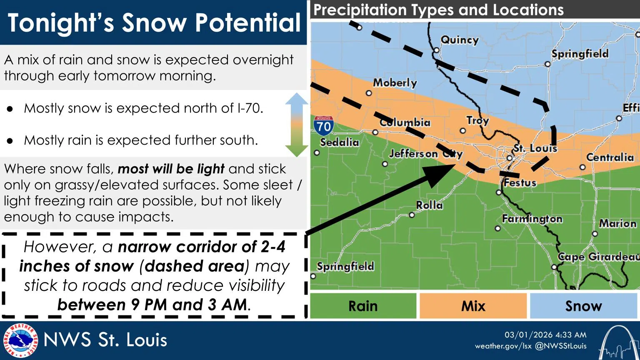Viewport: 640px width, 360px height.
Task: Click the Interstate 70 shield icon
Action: point(323,125)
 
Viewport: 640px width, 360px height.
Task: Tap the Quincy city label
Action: point(459,40)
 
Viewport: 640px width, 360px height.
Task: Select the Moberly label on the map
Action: point(395,82)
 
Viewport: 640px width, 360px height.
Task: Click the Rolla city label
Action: point(429,205)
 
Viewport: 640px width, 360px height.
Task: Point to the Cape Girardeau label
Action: point(598,257)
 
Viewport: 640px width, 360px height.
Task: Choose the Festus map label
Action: point(520,182)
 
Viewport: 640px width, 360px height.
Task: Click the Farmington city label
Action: point(532,219)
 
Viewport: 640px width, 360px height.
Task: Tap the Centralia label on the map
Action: point(610,157)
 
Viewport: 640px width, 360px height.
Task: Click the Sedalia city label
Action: point(339,142)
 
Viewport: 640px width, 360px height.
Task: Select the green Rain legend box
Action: point(363,306)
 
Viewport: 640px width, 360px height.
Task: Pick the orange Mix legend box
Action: point(473,306)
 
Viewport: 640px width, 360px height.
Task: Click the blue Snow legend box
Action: point(583,306)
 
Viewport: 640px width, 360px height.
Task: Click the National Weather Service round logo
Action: point(20,340)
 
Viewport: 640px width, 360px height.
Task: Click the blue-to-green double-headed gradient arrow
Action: point(296,125)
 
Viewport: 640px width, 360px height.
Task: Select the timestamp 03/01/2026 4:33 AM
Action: point(545,335)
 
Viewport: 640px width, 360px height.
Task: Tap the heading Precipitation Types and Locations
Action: point(438,10)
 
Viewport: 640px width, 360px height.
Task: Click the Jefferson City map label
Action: point(425,154)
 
